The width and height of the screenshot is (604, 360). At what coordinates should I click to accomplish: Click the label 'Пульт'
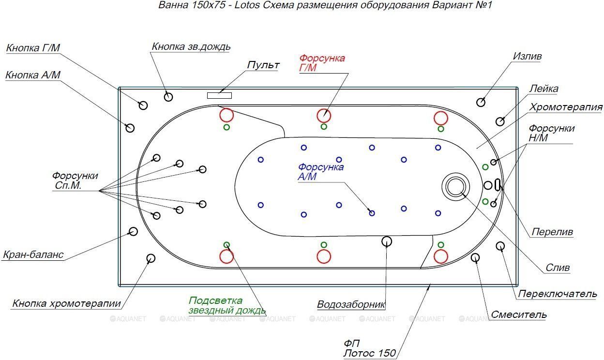tap(263, 65)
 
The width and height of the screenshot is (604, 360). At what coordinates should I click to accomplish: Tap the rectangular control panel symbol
tap(219, 95)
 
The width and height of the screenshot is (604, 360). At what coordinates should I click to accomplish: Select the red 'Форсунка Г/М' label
tap(322, 63)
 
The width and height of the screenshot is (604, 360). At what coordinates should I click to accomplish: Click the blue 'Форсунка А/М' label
tap(320, 172)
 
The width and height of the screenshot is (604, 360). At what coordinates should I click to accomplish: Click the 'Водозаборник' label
tap(351, 304)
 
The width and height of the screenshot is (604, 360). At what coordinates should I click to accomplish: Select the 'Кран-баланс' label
tap(33, 255)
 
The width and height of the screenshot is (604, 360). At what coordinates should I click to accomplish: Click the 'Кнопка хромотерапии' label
tap(67, 304)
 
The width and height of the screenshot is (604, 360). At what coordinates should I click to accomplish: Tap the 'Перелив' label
tap(552, 232)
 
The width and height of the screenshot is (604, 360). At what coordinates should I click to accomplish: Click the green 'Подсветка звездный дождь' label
tap(227, 305)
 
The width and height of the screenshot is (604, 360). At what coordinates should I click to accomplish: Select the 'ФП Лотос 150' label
tap(369, 348)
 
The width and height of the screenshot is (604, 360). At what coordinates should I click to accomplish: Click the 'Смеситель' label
tap(519, 315)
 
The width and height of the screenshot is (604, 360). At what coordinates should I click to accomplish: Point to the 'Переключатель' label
tap(558, 294)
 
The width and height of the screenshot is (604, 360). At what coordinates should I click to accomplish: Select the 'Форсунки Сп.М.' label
tap(75, 180)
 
